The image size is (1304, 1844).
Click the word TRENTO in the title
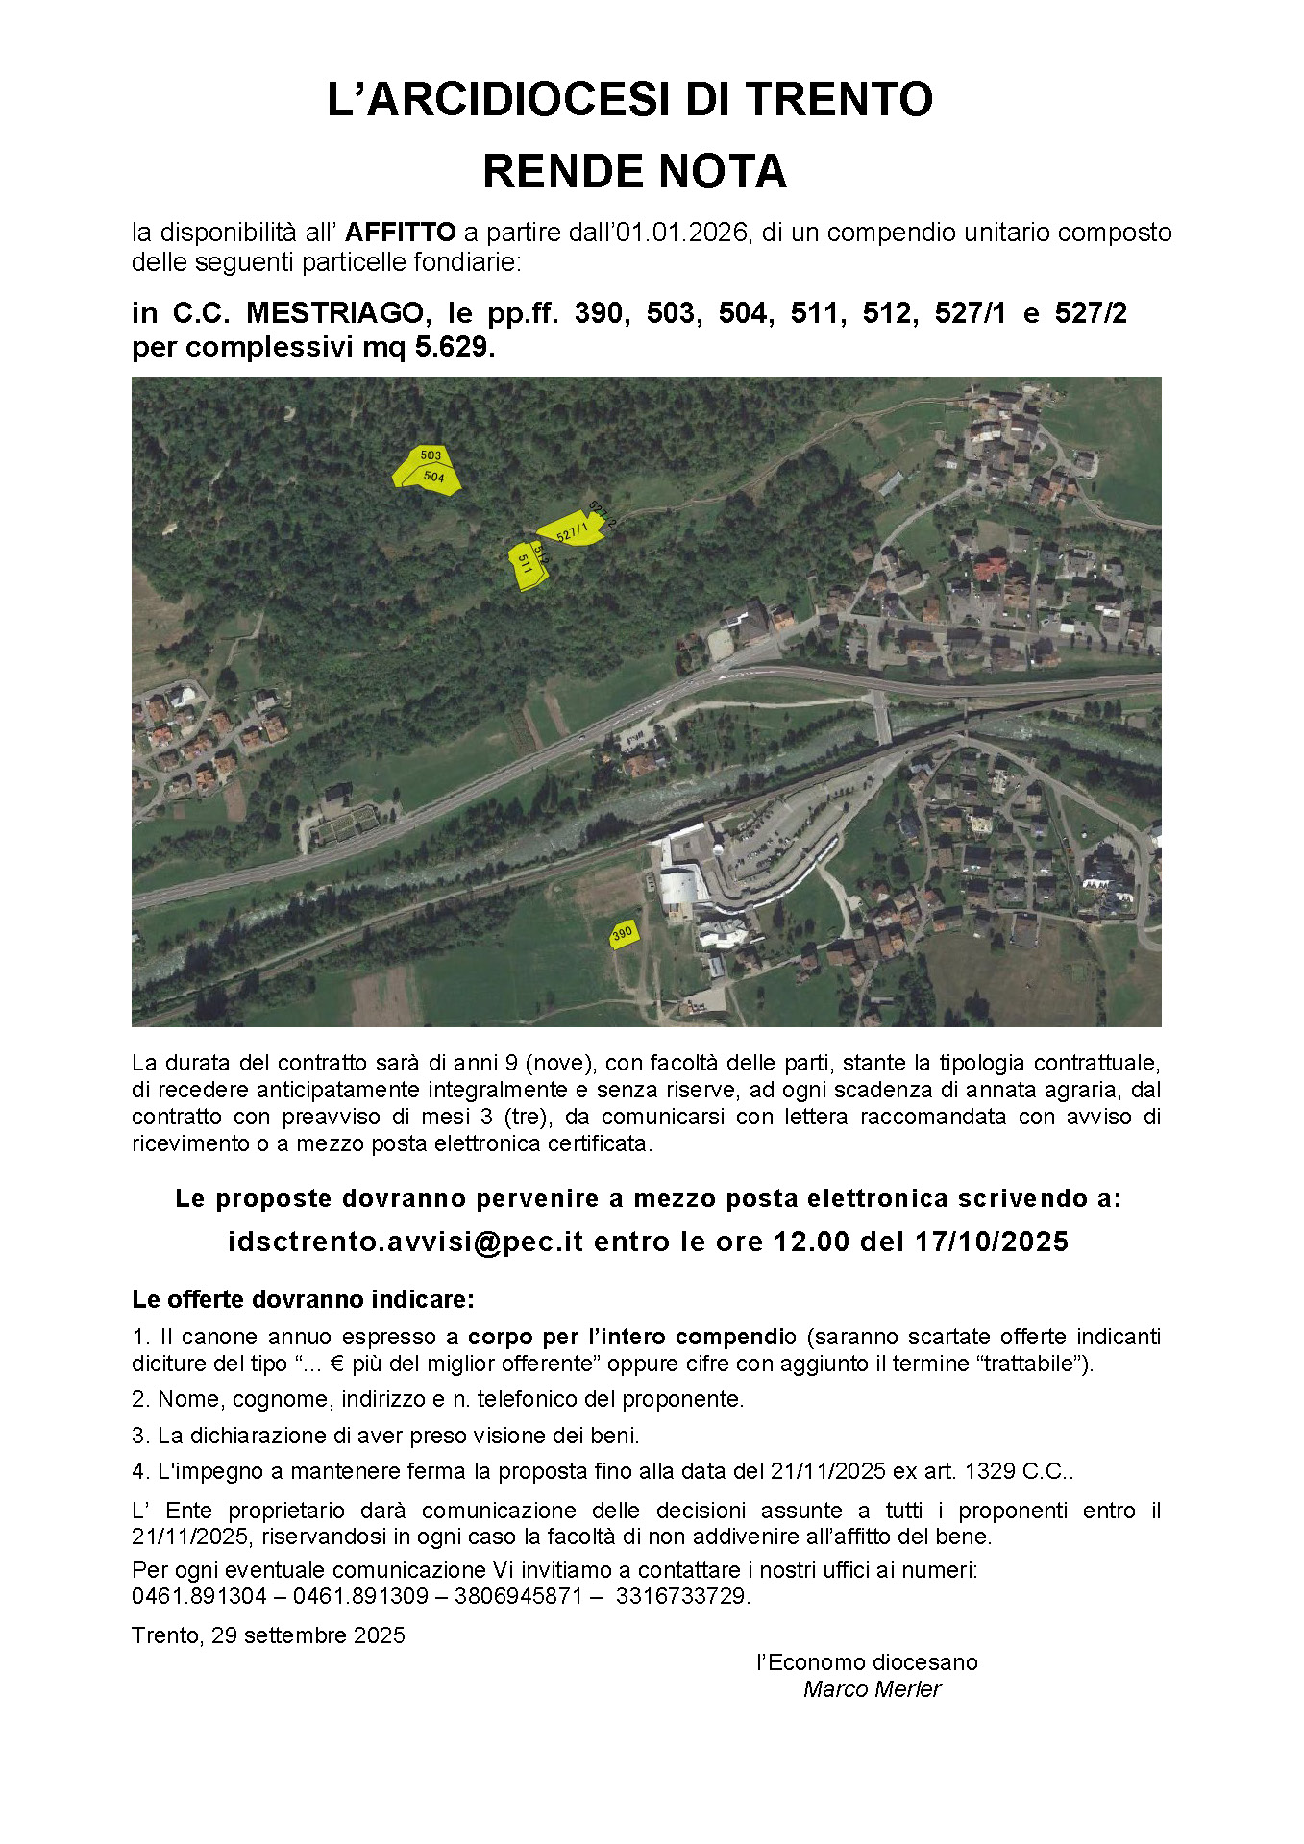click(838, 100)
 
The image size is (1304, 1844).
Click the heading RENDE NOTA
click(634, 172)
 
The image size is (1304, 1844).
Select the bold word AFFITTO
click(400, 233)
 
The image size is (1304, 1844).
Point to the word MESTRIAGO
click(334, 313)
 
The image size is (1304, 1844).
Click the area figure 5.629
click(454, 347)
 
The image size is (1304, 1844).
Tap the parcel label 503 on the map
click(431, 455)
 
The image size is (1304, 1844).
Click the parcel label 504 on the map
click(434, 477)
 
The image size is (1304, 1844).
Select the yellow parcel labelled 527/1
click(571, 530)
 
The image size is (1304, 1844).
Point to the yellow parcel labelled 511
click(525, 565)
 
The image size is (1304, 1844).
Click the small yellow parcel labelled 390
click(623, 933)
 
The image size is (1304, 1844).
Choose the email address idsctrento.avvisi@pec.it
click(406, 1242)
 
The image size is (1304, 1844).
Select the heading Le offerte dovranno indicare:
click(303, 1299)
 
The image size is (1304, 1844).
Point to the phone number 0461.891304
click(199, 1596)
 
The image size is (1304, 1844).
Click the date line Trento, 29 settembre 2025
click(268, 1635)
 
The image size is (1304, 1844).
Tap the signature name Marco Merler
click(872, 1689)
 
